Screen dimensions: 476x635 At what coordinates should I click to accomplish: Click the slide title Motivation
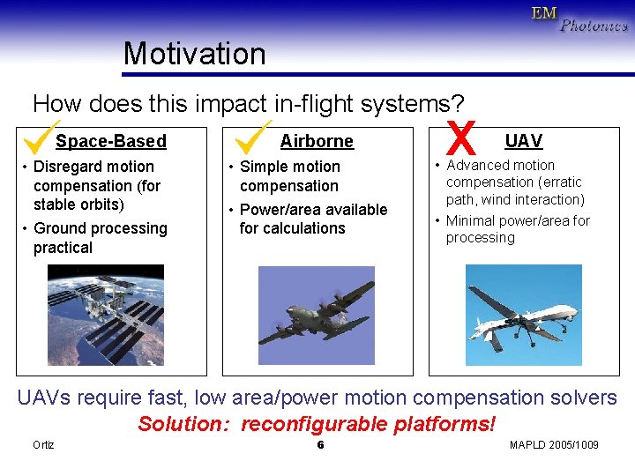click(194, 54)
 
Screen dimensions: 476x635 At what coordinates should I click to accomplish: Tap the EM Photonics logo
click(579, 19)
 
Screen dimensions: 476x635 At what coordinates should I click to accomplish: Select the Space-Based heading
click(111, 141)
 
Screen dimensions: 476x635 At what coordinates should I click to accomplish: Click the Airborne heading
click(317, 141)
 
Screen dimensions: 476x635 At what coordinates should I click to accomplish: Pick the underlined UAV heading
click(523, 141)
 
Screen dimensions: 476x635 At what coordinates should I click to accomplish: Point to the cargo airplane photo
click(317, 315)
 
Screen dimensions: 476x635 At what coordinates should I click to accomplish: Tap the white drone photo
click(523, 315)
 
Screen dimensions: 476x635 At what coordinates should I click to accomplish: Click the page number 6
click(320, 444)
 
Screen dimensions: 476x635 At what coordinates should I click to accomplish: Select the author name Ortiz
click(43, 444)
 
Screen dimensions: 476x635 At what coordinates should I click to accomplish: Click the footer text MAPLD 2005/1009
click(554, 444)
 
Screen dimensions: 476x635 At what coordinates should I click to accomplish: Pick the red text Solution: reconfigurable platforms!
click(317, 424)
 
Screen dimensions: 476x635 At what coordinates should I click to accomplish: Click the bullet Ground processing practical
click(99, 238)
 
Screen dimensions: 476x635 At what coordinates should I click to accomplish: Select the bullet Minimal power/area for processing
click(517, 229)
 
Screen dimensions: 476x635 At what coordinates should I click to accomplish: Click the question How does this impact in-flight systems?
click(248, 104)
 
